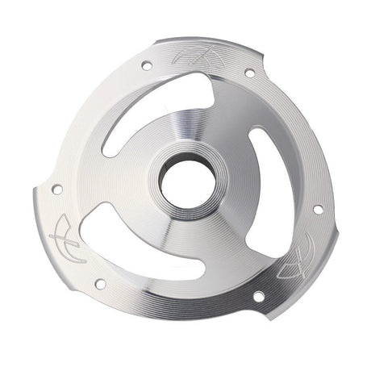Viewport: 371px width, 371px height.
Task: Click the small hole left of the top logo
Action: pyautogui.click(x=146, y=65)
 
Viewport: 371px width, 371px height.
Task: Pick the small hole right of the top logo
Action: pyautogui.click(x=250, y=73)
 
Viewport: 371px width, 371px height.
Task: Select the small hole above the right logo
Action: pyautogui.click(x=318, y=209)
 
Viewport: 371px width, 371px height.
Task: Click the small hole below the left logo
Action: pyautogui.click(x=100, y=283)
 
